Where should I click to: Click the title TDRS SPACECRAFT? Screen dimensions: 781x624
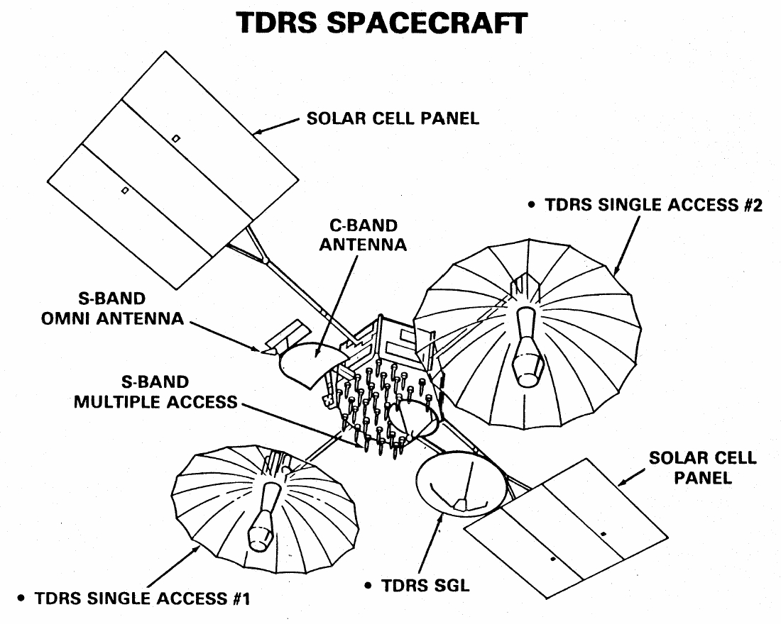pos(381,23)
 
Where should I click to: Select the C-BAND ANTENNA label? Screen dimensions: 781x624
pos(363,235)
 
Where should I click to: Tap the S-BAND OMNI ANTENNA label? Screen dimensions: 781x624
pos(113,308)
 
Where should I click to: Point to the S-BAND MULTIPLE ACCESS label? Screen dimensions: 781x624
pos(156,392)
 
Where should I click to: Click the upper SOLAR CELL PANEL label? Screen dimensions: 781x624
pos(393,118)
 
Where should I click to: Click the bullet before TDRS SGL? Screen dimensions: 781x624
pos(368,586)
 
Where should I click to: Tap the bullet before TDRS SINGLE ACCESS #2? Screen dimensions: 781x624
pos(532,204)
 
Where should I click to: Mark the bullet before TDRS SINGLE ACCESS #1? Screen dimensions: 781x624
pos(21,598)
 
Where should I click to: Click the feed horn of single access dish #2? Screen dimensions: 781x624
pos(527,347)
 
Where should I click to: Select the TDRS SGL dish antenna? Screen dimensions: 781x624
pos(461,482)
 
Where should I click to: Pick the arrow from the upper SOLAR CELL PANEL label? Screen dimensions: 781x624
pos(276,126)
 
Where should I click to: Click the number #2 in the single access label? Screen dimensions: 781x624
pos(753,205)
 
